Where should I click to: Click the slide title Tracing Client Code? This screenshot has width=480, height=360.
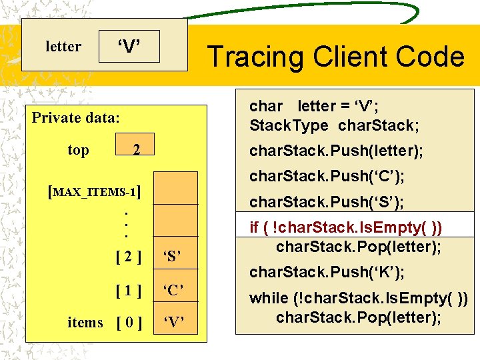click(335, 57)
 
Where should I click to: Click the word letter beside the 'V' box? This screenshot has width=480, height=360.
click(63, 47)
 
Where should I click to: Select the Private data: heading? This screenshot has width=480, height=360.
click(76, 118)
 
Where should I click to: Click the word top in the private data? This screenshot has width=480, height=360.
click(78, 150)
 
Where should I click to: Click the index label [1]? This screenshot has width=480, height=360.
click(127, 289)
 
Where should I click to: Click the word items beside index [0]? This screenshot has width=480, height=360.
click(85, 323)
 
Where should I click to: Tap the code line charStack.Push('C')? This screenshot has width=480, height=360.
click(327, 177)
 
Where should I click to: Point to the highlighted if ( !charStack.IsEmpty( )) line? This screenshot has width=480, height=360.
click(345, 227)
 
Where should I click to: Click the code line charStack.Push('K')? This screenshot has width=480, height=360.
click(327, 272)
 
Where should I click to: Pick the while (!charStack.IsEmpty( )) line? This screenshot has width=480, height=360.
click(358, 299)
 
